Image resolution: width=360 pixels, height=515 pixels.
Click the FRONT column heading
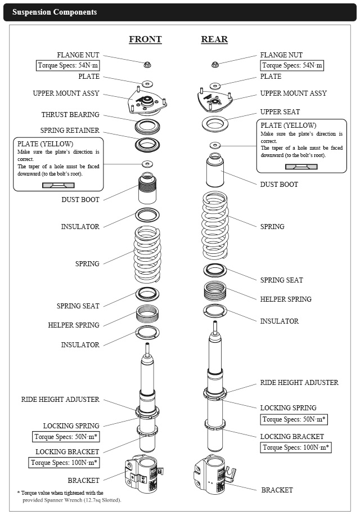point(145,39)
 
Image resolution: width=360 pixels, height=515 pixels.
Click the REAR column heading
point(214,39)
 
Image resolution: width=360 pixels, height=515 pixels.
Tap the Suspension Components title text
point(55,12)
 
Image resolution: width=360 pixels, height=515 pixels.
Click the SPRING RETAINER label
point(70,131)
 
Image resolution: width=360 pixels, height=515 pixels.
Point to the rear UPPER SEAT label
point(280,112)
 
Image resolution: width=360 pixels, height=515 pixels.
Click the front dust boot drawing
point(146,191)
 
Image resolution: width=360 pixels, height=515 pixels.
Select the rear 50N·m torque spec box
point(294,419)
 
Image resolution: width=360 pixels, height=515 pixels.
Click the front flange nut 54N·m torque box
point(68,66)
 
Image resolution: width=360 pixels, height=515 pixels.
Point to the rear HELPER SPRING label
point(286,299)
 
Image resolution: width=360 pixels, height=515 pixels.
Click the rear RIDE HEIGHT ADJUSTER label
point(299,383)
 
